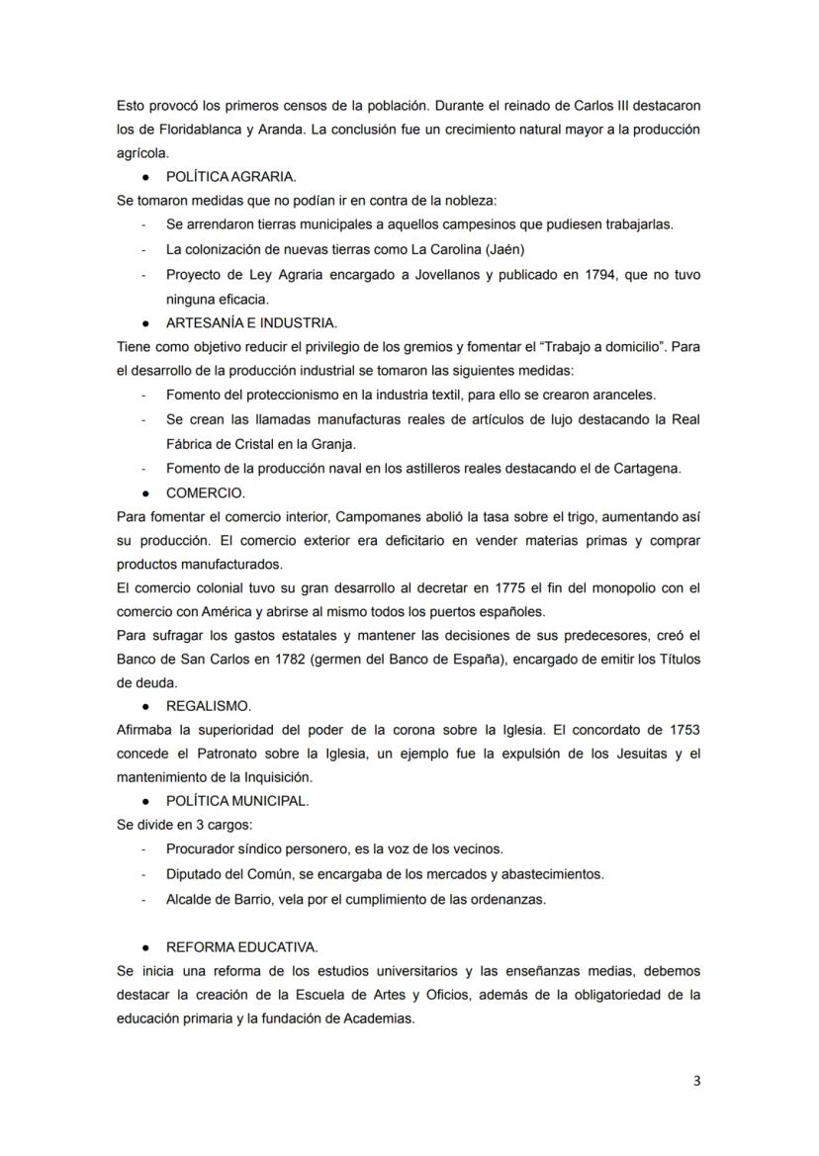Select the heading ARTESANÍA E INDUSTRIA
[251, 322]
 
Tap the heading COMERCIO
[206, 491]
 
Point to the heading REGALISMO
[209, 705]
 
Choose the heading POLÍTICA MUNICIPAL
[237, 801]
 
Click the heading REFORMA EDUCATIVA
[241, 946]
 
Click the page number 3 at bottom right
[696, 1080]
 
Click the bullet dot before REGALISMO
[145, 706]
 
